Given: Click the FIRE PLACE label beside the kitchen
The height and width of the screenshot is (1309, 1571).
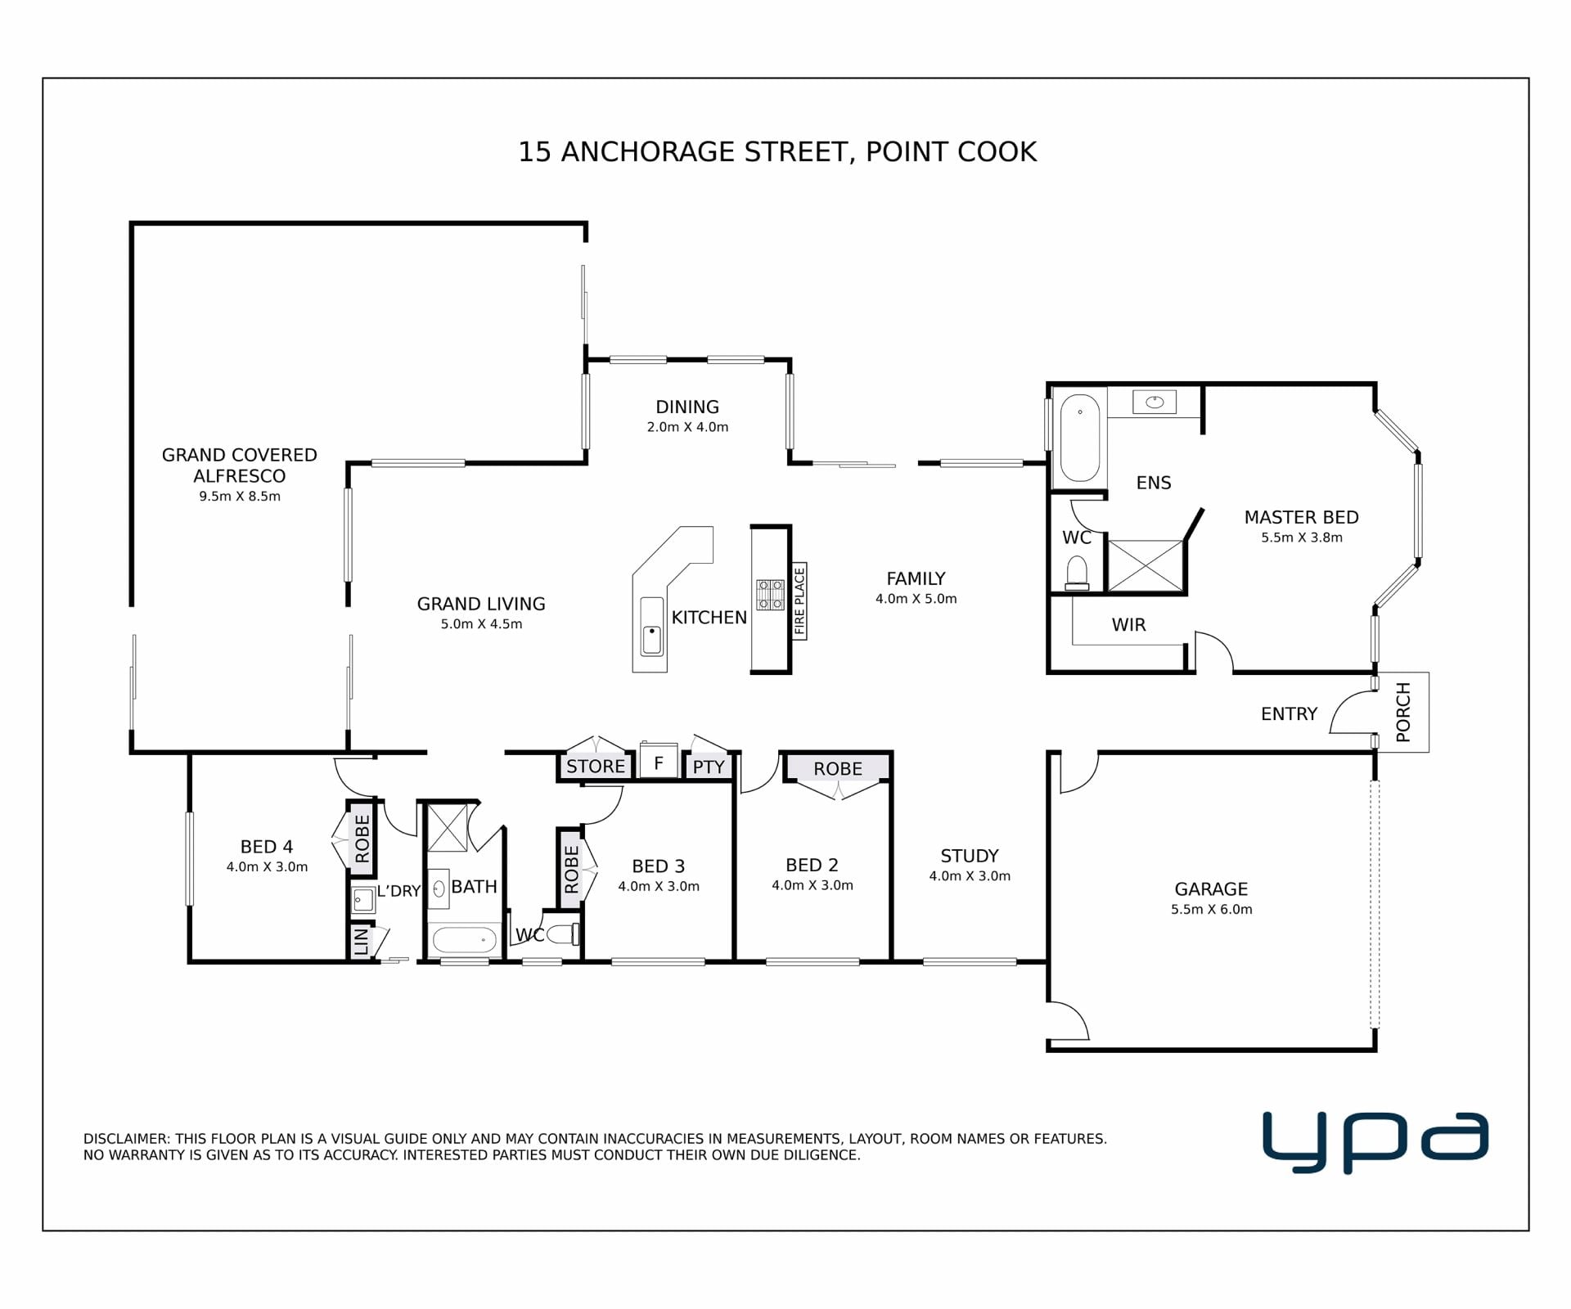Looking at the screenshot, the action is (x=799, y=601).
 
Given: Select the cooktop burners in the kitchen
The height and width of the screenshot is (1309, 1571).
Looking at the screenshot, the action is (x=770, y=595).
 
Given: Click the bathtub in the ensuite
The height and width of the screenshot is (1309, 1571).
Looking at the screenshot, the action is (x=1080, y=438).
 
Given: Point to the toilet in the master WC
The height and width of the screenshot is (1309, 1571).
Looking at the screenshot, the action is (x=1077, y=574).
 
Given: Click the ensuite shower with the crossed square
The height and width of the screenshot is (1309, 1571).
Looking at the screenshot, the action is (x=1145, y=565).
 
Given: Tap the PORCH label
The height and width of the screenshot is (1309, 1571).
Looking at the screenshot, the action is (x=1403, y=712).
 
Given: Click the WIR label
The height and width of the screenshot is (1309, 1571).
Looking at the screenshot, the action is (x=1128, y=625).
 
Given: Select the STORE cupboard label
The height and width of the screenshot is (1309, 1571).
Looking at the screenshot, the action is (x=596, y=767).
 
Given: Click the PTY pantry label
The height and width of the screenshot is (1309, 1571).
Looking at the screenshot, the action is (x=709, y=767).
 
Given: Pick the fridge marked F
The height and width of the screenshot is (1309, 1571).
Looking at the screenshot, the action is (x=659, y=762).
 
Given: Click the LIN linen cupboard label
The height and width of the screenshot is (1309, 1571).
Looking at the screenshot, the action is (x=361, y=942).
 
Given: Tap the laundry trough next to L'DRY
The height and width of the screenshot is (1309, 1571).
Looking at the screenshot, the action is (x=363, y=900).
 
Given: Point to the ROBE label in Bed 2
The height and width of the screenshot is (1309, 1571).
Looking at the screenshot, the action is (x=838, y=769).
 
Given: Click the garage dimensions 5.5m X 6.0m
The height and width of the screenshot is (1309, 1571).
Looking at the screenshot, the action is (x=1211, y=909).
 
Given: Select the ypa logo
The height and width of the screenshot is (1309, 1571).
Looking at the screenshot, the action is (x=1375, y=1141).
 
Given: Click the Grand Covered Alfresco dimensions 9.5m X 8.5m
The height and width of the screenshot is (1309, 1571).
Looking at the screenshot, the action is (x=240, y=497).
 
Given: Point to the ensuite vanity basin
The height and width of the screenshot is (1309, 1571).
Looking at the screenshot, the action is (x=1155, y=402).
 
